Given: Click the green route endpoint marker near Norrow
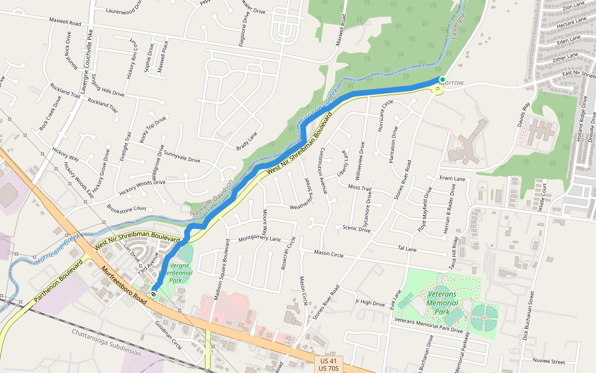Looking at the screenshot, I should pyautogui.click(x=442, y=80).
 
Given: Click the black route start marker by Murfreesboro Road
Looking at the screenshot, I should pyautogui.click(x=153, y=294).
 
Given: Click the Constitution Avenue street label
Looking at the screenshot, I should pyautogui.click(x=322, y=172).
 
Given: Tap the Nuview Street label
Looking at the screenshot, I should pyautogui.click(x=548, y=361).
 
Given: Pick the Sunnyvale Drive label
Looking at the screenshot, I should pyautogui.click(x=181, y=160).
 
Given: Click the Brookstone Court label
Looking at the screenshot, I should pyautogui.click(x=127, y=209).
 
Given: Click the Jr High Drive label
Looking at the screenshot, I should pyautogui.click(x=370, y=302).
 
